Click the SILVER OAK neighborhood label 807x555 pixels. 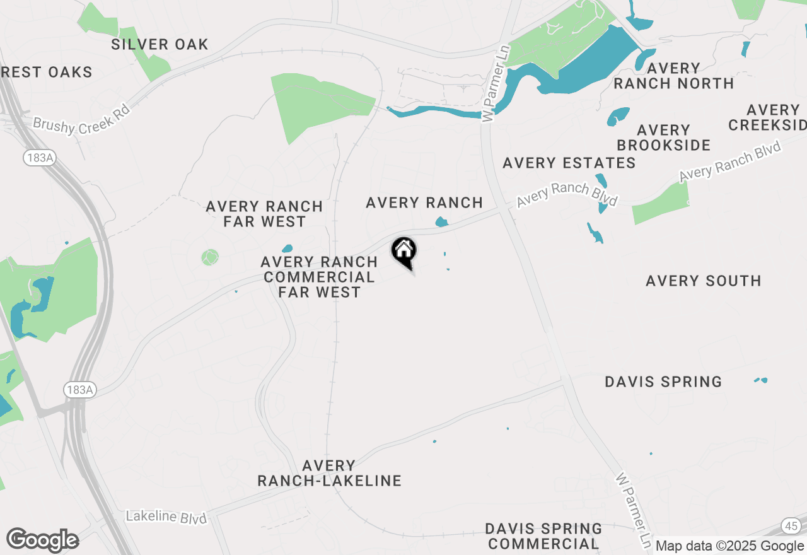(160, 45)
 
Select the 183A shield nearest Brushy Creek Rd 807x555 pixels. (40, 158)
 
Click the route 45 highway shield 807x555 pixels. (791, 525)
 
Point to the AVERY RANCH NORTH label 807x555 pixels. (673, 76)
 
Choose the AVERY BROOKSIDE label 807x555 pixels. (663, 137)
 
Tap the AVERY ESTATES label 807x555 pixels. (569, 163)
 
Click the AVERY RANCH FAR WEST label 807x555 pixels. (264, 214)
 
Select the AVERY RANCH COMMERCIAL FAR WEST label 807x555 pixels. (319, 277)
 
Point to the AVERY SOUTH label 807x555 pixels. (703, 281)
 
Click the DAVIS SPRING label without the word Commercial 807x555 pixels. (663, 382)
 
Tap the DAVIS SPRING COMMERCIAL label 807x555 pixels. (543, 535)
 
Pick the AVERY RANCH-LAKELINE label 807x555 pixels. (329, 473)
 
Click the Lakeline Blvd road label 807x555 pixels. (166, 517)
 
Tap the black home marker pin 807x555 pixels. (403, 252)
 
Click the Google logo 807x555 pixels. (42, 540)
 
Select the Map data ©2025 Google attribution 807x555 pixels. (729, 546)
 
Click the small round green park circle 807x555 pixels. (210, 257)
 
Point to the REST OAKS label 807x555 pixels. (47, 73)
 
